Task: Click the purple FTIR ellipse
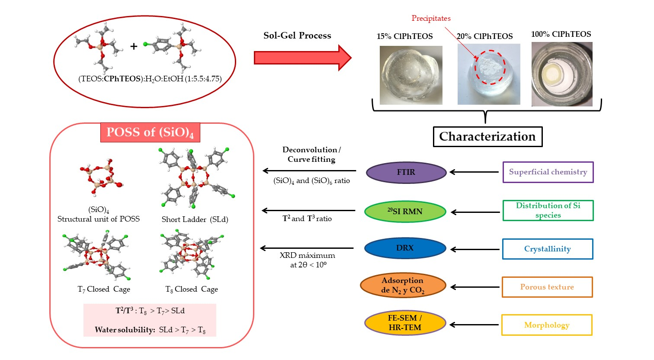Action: pos(406,172)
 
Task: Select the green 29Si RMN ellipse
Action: pos(405,212)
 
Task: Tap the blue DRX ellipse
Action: pos(405,248)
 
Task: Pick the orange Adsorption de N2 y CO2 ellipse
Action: pos(403,286)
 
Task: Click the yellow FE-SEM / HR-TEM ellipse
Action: pos(405,323)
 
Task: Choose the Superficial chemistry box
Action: pos(548,172)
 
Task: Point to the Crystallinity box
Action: pos(547,249)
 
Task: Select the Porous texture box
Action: pos(547,287)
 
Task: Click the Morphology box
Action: pos(546,325)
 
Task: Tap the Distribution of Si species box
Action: pos(548,210)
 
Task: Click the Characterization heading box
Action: pos(487,137)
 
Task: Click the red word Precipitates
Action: pos(431,18)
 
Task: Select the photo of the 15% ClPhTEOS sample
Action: pos(411,75)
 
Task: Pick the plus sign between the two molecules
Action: pos(134,46)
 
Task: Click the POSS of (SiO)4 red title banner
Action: pos(150,132)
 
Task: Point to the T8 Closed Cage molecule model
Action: pos(192,256)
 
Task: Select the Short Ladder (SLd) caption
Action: pos(195,219)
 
